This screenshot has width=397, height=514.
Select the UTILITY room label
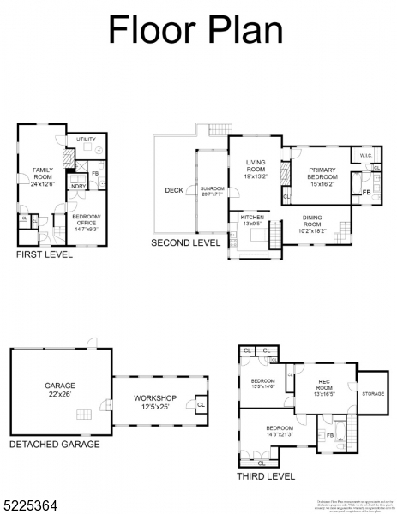86,139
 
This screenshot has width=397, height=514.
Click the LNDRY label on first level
76,186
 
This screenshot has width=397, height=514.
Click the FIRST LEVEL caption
45,254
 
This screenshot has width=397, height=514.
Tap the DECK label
174,190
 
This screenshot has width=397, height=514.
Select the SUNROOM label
212,190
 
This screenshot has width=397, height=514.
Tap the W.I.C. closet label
364,156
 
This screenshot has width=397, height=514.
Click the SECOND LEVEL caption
185,243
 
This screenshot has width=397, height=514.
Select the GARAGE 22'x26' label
60,390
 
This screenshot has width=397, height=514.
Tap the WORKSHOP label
155,402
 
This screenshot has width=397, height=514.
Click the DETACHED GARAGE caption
54,444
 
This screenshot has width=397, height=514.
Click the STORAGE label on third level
372,394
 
